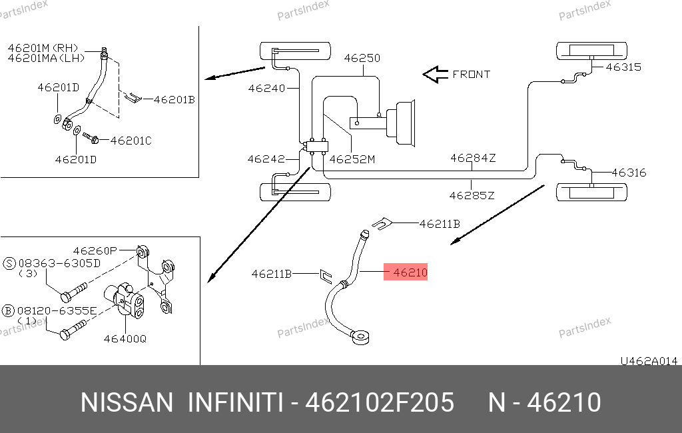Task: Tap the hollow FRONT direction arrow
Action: pos(436,75)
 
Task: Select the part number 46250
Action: pos(362,58)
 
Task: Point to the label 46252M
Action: pos(352,159)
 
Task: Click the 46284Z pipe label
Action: pos(473,158)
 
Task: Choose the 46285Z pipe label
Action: pos(472,195)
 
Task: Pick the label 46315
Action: pos(623,67)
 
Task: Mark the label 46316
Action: pos(629,173)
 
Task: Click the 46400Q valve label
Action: pos(125,338)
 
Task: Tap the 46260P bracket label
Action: pos(95,250)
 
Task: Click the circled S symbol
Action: pos(9,262)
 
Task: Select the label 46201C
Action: pos(131,141)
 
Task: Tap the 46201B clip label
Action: pos(174,100)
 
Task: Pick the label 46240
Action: pos(266,88)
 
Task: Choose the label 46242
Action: pos(266,159)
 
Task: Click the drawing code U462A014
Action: pos(649,361)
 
